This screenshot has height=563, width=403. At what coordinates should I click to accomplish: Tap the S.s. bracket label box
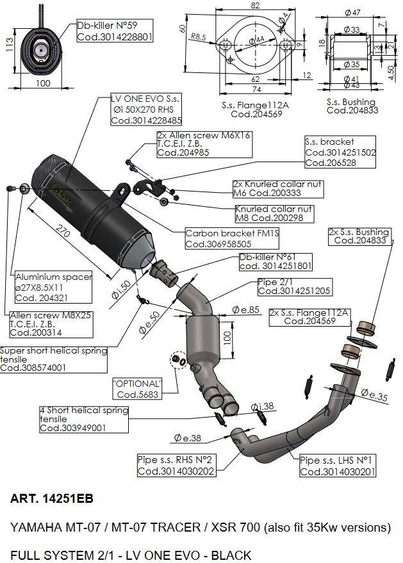click(x=339, y=152)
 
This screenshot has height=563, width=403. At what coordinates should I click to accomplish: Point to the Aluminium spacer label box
click(x=54, y=287)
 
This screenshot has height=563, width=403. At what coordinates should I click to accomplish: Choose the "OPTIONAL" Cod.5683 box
click(x=137, y=389)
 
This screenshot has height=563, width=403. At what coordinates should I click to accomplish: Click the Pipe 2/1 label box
click(x=295, y=286)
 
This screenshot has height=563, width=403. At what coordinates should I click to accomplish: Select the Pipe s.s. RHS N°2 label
click(x=176, y=465)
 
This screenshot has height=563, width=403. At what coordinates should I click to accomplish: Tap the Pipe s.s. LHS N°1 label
click(x=338, y=466)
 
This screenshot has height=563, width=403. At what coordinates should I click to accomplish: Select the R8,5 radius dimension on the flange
click(x=198, y=38)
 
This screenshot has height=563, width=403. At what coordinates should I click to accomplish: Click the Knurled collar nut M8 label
click(x=274, y=213)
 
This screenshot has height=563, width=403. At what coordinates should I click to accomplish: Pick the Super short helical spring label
click(x=53, y=359)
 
